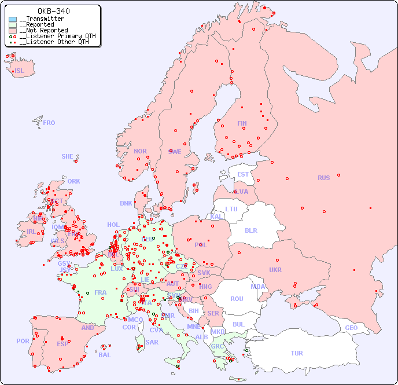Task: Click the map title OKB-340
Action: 54,11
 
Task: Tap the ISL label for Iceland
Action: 20,71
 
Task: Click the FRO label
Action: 49,123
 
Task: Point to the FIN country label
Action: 242,123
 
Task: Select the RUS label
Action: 323,178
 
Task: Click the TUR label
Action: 297,353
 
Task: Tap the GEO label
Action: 351,328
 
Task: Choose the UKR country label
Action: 275,270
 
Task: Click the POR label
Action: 23,341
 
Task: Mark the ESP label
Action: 62,343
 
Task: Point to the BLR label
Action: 250,230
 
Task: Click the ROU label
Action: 237,299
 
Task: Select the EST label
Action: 243,174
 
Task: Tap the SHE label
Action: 68,156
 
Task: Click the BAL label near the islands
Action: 105,355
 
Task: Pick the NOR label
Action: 140,151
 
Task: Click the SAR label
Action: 152,342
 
